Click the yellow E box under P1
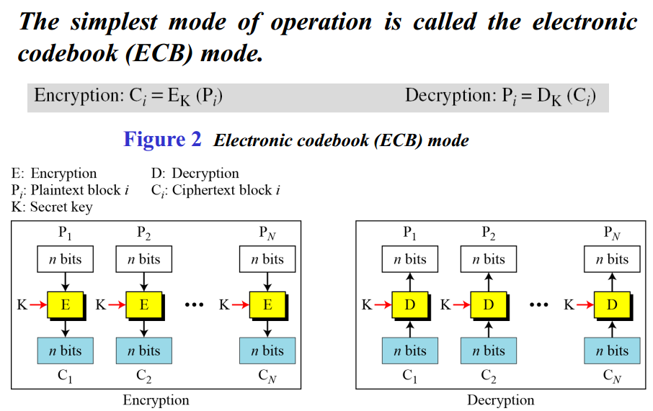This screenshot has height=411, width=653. coord(65,304)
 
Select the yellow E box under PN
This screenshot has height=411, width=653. coord(267,304)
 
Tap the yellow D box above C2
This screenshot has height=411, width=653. coord(489,304)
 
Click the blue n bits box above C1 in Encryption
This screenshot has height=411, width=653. coord(66,351)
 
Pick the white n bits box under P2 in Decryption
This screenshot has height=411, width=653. coord(489,259)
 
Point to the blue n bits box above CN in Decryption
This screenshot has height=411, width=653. coord(612,351)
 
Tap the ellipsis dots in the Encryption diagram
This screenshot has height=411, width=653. coord(195,304)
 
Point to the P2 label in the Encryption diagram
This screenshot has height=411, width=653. coord(143,232)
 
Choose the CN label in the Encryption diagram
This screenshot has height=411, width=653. coord(267,376)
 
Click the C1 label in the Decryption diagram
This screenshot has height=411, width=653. coord(410,376)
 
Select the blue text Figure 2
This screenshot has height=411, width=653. coord(162,139)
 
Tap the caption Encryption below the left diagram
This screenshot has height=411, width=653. coord(156,400)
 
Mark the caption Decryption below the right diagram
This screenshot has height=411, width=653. coord(501,400)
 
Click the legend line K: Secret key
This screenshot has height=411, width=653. coord(52,207)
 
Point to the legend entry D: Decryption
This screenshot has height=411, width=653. coord(195,173)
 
